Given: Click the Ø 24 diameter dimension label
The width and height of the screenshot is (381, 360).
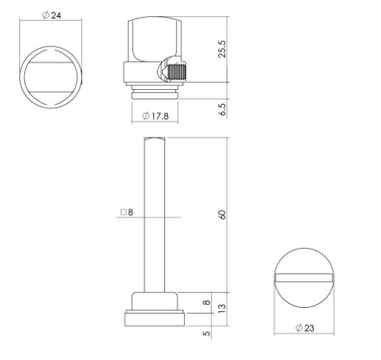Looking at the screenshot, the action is [52, 15].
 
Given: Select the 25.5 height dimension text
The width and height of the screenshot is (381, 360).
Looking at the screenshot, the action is [222, 49].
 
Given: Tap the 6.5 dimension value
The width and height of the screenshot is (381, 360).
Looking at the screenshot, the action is [223, 110].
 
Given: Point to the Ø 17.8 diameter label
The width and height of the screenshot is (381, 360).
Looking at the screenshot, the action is [155, 116].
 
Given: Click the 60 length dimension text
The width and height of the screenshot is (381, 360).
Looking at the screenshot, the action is [223, 215].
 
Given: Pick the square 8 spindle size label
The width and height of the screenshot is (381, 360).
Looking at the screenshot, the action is [127, 212].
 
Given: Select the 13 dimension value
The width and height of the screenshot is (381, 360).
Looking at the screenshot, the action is [222, 308].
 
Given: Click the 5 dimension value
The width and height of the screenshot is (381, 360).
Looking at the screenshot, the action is [207, 333].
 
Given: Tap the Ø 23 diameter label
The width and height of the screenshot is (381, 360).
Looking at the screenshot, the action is [305, 328].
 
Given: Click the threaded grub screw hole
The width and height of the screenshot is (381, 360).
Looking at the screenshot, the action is [176, 71].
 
